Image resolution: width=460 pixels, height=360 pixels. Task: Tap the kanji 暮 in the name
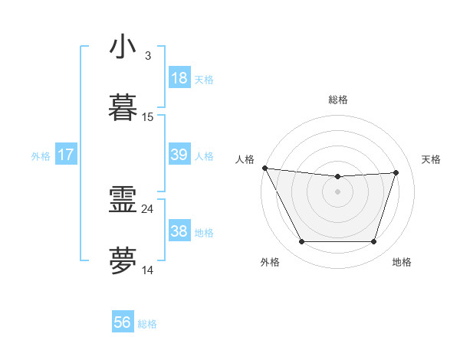[x=123, y=108]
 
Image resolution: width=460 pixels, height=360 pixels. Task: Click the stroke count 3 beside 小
[x=147, y=56]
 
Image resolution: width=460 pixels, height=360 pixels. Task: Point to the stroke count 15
[x=148, y=117]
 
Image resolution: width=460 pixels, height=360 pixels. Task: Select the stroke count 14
[x=148, y=270]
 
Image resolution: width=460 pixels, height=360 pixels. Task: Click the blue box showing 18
[x=179, y=78]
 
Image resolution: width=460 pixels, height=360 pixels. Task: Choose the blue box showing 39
[x=179, y=155]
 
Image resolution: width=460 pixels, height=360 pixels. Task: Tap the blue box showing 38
[x=179, y=231]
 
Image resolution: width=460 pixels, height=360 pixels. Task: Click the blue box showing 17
[x=66, y=155]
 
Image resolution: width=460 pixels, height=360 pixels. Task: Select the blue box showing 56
[x=123, y=322]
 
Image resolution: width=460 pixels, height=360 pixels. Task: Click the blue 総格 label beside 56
[x=147, y=324]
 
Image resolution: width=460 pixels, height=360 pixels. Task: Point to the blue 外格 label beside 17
[x=41, y=156]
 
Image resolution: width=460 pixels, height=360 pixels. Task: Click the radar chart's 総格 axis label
[x=338, y=100]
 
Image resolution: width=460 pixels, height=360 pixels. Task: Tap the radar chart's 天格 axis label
[x=432, y=159]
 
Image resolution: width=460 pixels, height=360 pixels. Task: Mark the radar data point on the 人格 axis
[x=264, y=168]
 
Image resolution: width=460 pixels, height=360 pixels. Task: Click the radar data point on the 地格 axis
[x=374, y=242]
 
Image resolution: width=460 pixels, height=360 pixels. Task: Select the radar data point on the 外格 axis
[x=301, y=242]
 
